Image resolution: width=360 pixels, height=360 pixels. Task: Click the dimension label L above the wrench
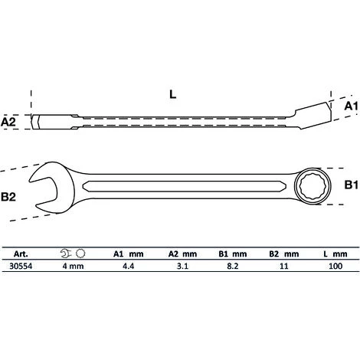pos(173,94)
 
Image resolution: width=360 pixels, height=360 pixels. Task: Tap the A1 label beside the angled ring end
pos(352,106)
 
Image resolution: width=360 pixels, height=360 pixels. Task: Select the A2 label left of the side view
pos(8,122)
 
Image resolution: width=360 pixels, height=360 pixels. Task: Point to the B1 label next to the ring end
pos(352,185)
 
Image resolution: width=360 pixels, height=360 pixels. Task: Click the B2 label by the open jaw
pos(8,197)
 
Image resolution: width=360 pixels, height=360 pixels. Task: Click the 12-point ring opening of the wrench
pos(313,186)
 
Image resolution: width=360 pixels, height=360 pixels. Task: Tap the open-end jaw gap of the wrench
pos(44,190)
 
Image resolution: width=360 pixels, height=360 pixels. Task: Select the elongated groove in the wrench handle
pos(187,186)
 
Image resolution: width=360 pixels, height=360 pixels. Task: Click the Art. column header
pos(21,254)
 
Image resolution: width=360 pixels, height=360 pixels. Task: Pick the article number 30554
pos(21,266)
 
